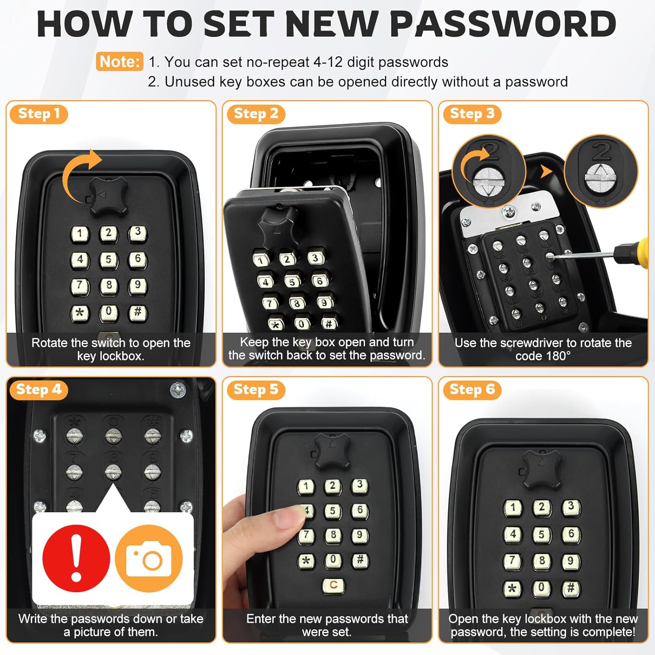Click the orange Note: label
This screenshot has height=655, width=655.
point(119,62)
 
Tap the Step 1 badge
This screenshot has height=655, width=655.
point(38,114)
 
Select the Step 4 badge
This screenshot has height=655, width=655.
point(38,390)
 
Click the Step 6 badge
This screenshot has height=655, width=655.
point(472,390)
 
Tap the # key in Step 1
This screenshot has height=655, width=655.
point(138,313)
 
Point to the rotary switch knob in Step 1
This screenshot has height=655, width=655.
point(108,196)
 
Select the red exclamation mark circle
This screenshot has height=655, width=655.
point(76,558)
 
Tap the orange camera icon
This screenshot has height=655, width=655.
point(149,558)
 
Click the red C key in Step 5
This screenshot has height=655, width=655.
point(333,586)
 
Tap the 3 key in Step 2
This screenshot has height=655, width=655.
point(315,258)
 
